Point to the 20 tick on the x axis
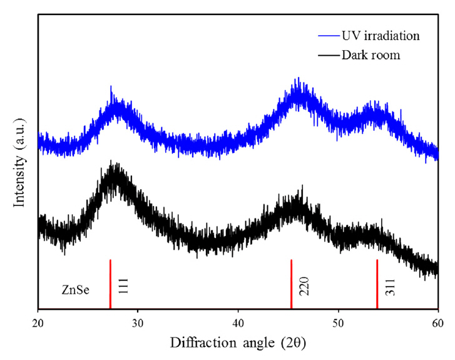[38, 322]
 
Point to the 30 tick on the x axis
[138, 322]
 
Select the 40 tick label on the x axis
[238, 322]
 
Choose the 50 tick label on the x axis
[338, 322]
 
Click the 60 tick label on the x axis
[437, 322]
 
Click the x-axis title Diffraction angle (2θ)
[238, 343]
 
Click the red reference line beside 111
[110, 284]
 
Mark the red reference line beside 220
[292, 284]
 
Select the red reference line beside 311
[377, 284]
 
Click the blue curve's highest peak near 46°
[299, 80]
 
